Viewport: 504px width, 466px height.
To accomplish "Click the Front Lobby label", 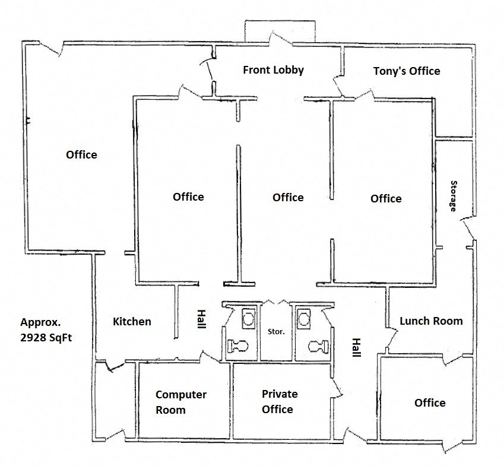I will [273, 70].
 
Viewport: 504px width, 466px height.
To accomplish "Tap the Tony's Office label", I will [406, 71].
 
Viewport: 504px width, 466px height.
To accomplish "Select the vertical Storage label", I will [454, 196].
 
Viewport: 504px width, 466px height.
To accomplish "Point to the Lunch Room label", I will [430, 321].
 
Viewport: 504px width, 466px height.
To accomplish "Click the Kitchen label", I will [132, 322].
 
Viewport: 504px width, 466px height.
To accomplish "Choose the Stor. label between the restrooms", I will [277, 332].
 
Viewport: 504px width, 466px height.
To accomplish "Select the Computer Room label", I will [180, 402].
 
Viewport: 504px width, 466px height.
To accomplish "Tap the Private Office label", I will [279, 401].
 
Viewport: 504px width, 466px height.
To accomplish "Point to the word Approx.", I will [41, 323].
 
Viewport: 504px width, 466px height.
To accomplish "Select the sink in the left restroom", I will [247, 319].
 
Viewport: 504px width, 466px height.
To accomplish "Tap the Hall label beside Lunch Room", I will [356, 347].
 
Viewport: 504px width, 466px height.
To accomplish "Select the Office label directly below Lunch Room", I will [429, 403].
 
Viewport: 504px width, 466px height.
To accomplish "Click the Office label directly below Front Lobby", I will [288, 198].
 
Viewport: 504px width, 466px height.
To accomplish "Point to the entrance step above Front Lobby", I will [280, 31].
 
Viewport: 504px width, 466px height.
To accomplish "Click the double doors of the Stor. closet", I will [276, 301].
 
